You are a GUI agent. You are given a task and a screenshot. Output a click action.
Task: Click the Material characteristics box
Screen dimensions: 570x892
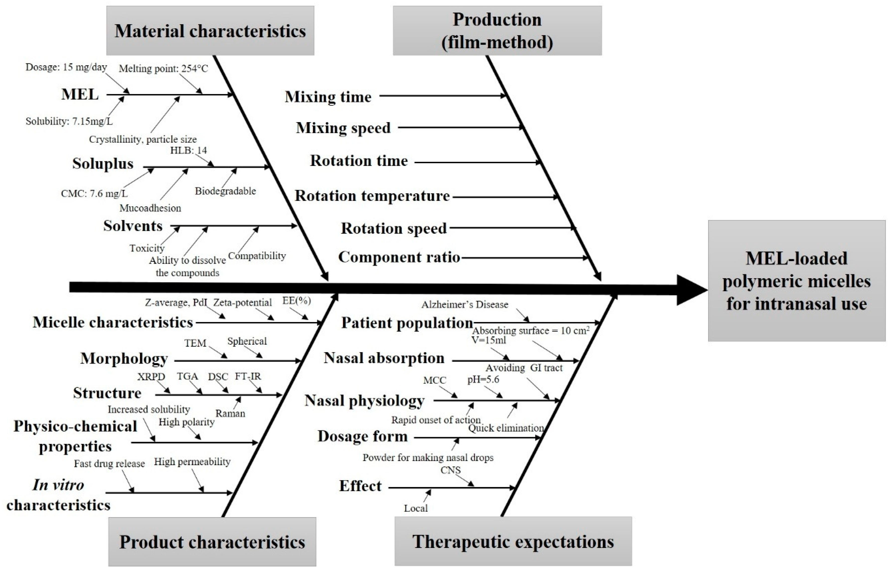pos(210,31)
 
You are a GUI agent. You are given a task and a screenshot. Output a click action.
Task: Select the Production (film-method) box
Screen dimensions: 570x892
pos(497,31)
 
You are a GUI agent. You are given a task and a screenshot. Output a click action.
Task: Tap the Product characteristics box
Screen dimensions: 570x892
pos(212,542)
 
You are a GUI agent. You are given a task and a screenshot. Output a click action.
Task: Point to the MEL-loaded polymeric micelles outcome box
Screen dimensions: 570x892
pos(796,281)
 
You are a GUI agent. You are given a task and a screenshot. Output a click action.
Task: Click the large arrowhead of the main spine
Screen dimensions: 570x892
pos(691,290)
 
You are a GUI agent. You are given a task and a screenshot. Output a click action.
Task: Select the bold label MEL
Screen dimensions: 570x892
pos(80,94)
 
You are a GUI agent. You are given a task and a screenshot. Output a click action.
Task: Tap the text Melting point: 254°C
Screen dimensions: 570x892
pos(163,68)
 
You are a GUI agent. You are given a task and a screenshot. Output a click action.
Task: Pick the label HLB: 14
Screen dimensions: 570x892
pos(189,150)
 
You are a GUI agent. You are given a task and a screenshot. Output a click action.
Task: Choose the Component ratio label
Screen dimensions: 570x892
pos(399,257)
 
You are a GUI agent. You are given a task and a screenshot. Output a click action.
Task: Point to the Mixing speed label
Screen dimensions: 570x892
pos(343,128)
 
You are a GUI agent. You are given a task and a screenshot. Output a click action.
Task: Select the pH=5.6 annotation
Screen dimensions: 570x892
pos(483,380)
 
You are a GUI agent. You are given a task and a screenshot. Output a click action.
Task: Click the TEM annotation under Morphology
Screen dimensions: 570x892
pos(195,343)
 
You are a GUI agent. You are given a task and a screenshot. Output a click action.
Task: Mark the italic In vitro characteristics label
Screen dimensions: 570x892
pos(58,495)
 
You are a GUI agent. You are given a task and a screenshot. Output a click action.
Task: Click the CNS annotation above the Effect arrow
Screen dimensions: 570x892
pos(450,470)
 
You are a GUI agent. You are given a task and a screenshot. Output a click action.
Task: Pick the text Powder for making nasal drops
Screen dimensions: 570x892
pos(428,458)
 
